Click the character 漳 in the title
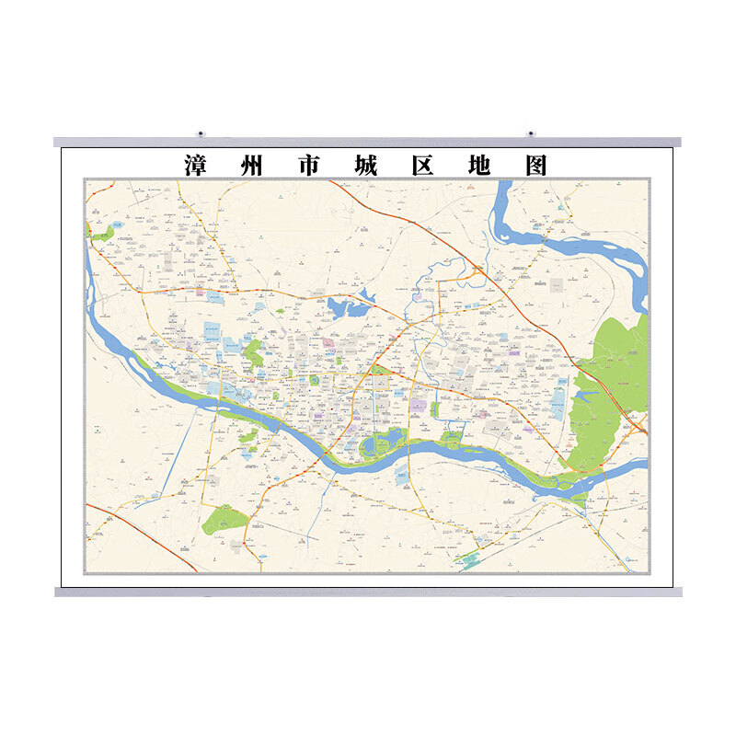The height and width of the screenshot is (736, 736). [196, 166]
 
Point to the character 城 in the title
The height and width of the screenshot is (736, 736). [366, 166]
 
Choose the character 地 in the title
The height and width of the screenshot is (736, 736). [479, 166]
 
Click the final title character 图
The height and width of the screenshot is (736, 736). [535, 166]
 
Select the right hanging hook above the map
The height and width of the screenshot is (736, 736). [531, 134]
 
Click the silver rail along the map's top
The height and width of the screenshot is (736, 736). [368, 143]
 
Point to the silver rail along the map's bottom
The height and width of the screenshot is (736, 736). [368, 592]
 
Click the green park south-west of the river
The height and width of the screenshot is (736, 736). [224, 520]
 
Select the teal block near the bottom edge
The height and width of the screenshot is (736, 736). [470, 558]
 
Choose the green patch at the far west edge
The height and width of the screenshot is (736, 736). [101, 233]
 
